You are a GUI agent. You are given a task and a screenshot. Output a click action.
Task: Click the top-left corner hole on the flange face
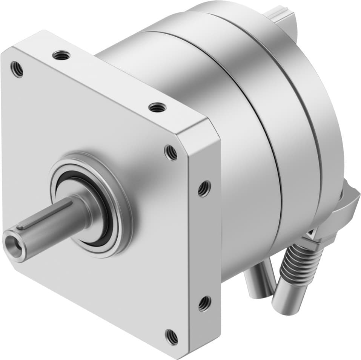[x=17, y=69]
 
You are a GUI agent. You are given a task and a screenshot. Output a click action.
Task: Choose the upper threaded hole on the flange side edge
[x=204, y=188]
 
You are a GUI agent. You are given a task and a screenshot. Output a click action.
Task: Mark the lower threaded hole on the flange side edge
[x=204, y=303]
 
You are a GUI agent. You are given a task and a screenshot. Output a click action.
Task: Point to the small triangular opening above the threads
[x=312, y=234]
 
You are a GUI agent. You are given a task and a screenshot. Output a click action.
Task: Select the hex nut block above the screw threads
[x=324, y=236]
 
